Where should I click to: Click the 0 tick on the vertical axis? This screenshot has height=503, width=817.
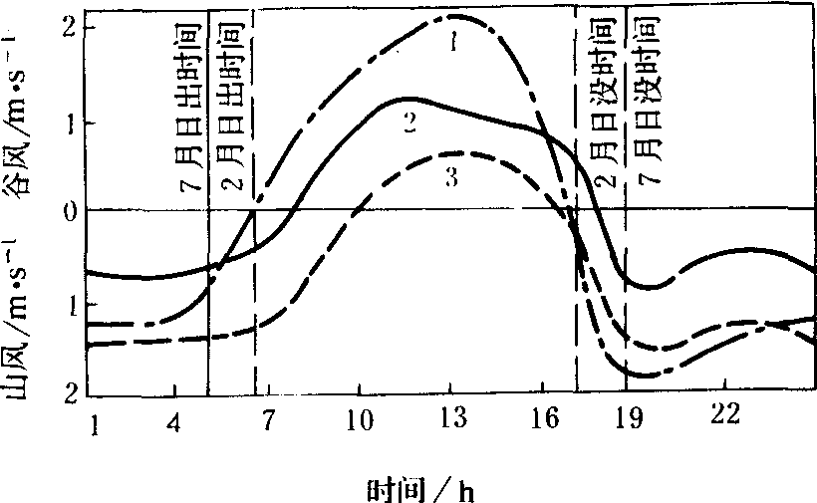pos(69,211)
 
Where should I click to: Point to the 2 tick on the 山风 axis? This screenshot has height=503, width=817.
pos(69,392)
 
